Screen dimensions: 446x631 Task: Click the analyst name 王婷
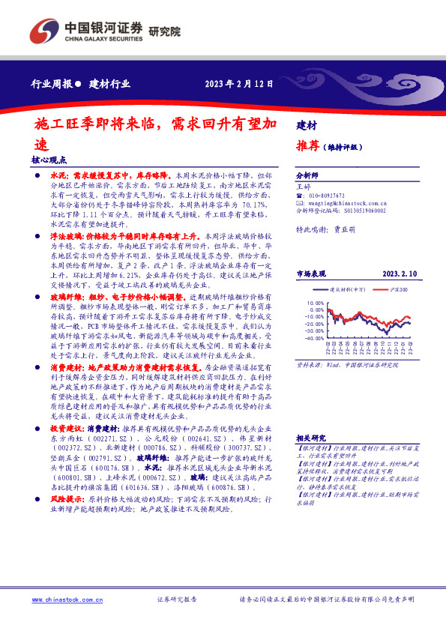tap(304, 185)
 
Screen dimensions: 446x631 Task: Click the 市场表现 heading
tap(312, 274)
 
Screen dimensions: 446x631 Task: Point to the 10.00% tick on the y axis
tap(316, 303)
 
